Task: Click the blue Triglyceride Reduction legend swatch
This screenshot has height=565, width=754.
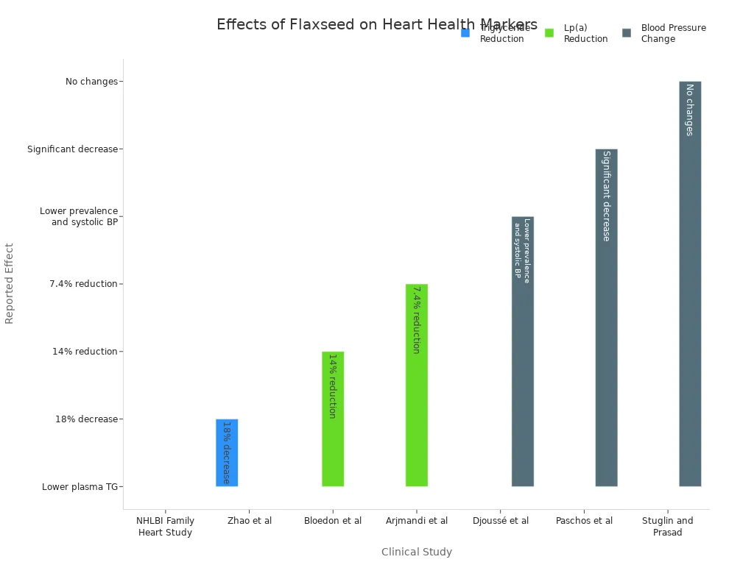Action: pos(465,33)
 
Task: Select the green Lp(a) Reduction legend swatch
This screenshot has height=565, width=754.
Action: pos(549,33)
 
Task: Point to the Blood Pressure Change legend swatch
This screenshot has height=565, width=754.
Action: pos(627,33)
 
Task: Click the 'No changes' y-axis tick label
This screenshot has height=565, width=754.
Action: pos(91,82)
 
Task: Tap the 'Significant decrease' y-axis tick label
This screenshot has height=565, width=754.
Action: pos(72,149)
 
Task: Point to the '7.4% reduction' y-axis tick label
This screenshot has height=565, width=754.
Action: pos(83,284)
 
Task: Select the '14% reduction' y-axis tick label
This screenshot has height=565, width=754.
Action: pos(85,352)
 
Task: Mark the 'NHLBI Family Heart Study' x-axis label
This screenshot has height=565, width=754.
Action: pos(166,527)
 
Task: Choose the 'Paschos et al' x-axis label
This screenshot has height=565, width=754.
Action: pos(584,521)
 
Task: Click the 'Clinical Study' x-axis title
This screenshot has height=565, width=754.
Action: pos(417,552)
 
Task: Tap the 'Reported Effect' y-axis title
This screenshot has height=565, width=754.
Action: pos(10,283)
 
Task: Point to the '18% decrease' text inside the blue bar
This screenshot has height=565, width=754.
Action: pos(227,452)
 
